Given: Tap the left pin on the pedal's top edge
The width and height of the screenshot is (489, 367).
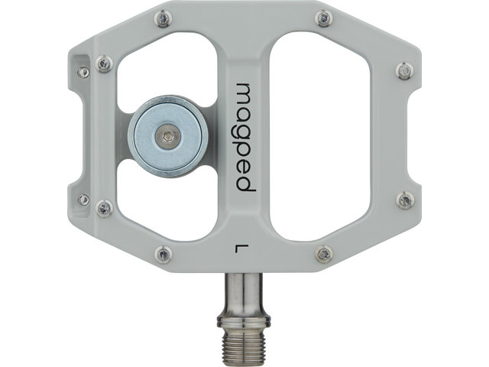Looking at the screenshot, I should click(x=161, y=18).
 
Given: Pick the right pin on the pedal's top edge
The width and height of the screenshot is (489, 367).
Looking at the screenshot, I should click(x=324, y=18).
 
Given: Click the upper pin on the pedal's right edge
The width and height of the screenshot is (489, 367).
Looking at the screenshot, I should click(x=405, y=71).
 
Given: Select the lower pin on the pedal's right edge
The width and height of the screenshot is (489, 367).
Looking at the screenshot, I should click(x=405, y=200).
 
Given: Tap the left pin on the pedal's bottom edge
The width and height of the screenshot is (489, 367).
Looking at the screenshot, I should click(x=161, y=254).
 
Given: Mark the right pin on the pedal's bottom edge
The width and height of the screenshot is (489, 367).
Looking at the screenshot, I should click(x=324, y=253).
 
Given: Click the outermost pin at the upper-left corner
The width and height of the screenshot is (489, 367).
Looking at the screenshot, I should click(x=83, y=72).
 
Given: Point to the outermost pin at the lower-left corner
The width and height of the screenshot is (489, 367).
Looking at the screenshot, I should click(x=83, y=200).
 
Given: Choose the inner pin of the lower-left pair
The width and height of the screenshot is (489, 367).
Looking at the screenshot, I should click(x=105, y=206).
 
